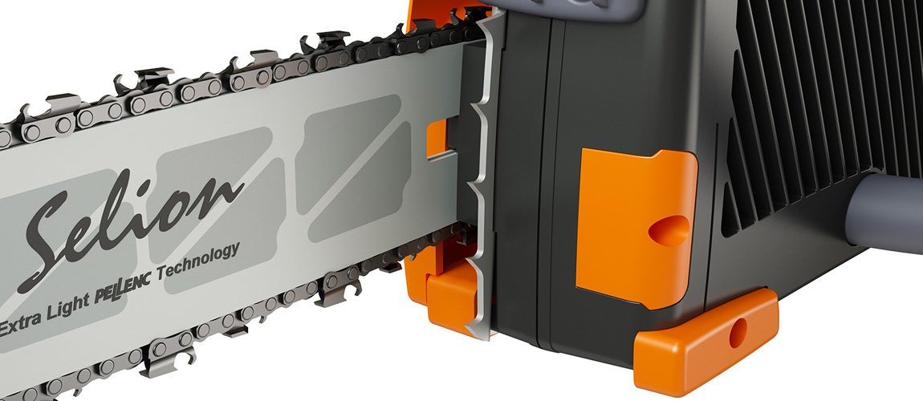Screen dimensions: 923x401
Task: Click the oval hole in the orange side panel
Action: point(669,230)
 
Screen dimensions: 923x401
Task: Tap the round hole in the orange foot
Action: point(738,332)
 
